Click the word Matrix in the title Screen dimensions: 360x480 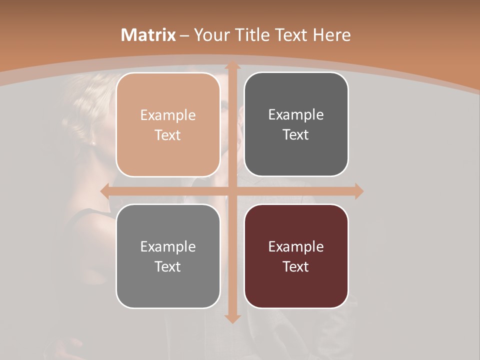coord(148,35)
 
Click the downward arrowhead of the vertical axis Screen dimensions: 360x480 coord(232,318)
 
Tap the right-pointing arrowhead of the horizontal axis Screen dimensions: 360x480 coord(358,191)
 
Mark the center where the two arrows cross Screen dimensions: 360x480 coord(232,191)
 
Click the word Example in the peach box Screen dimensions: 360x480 coord(168,115)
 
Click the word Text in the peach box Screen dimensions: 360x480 coord(168,135)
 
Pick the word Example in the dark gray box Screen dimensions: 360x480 coord(296,115)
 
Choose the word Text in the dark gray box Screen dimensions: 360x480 coord(296,135)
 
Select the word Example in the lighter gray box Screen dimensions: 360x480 coord(168,247)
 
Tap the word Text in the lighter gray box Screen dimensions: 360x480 coord(168,267)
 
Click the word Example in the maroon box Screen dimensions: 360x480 coord(296,247)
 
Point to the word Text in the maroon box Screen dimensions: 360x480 coord(296,267)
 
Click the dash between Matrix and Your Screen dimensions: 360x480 coord(184,35)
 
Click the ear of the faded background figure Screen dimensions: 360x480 coord(93,141)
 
